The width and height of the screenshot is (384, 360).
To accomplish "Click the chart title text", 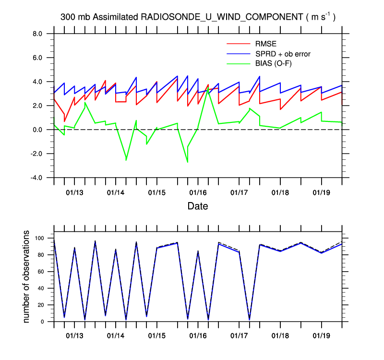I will [x=198, y=17].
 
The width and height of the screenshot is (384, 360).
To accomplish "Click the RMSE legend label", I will [x=265, y=44].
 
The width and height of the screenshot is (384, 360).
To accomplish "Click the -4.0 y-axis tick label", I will [x=37, y=178].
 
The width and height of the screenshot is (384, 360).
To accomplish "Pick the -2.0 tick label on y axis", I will [x=37, y=154].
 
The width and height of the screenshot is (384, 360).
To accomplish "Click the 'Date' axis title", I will [x=197, y=206].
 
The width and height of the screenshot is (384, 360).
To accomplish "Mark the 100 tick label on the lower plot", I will [x=42, y=238].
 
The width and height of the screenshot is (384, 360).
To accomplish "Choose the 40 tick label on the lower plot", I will [x=44, y=288].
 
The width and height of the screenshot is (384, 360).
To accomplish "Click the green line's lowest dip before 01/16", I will [x=187, y=162].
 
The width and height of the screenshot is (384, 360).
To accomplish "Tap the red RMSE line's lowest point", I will [x=64, y=121].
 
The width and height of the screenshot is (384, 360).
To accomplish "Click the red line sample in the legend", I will [x=238, y=44].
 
